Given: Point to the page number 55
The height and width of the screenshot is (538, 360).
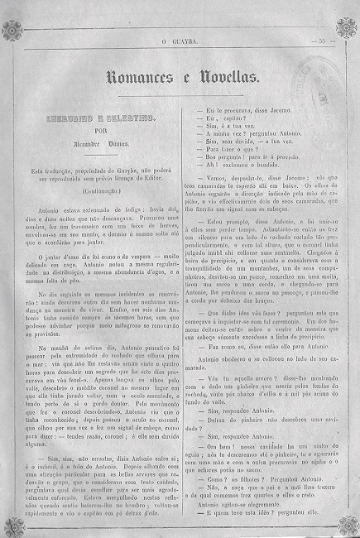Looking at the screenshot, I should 319,39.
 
